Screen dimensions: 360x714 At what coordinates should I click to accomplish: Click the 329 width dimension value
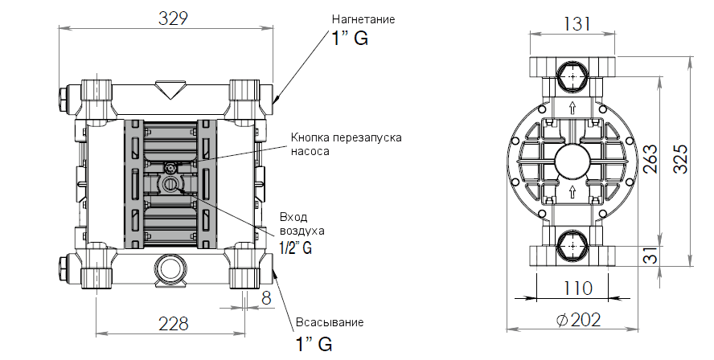click(x=168, y=18)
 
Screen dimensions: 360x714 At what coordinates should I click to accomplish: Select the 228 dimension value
click(x=173, y=324)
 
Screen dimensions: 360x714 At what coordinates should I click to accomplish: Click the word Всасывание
click(x=330, y=321)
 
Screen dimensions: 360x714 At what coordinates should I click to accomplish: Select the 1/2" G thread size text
click(x=295, y=247)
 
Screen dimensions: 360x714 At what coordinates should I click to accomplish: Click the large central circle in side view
click(x=572, y=161)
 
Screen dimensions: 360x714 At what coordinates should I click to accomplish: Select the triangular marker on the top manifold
click(x=170, y=88)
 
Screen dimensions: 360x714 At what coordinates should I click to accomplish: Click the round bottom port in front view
click(x=170, y=268)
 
